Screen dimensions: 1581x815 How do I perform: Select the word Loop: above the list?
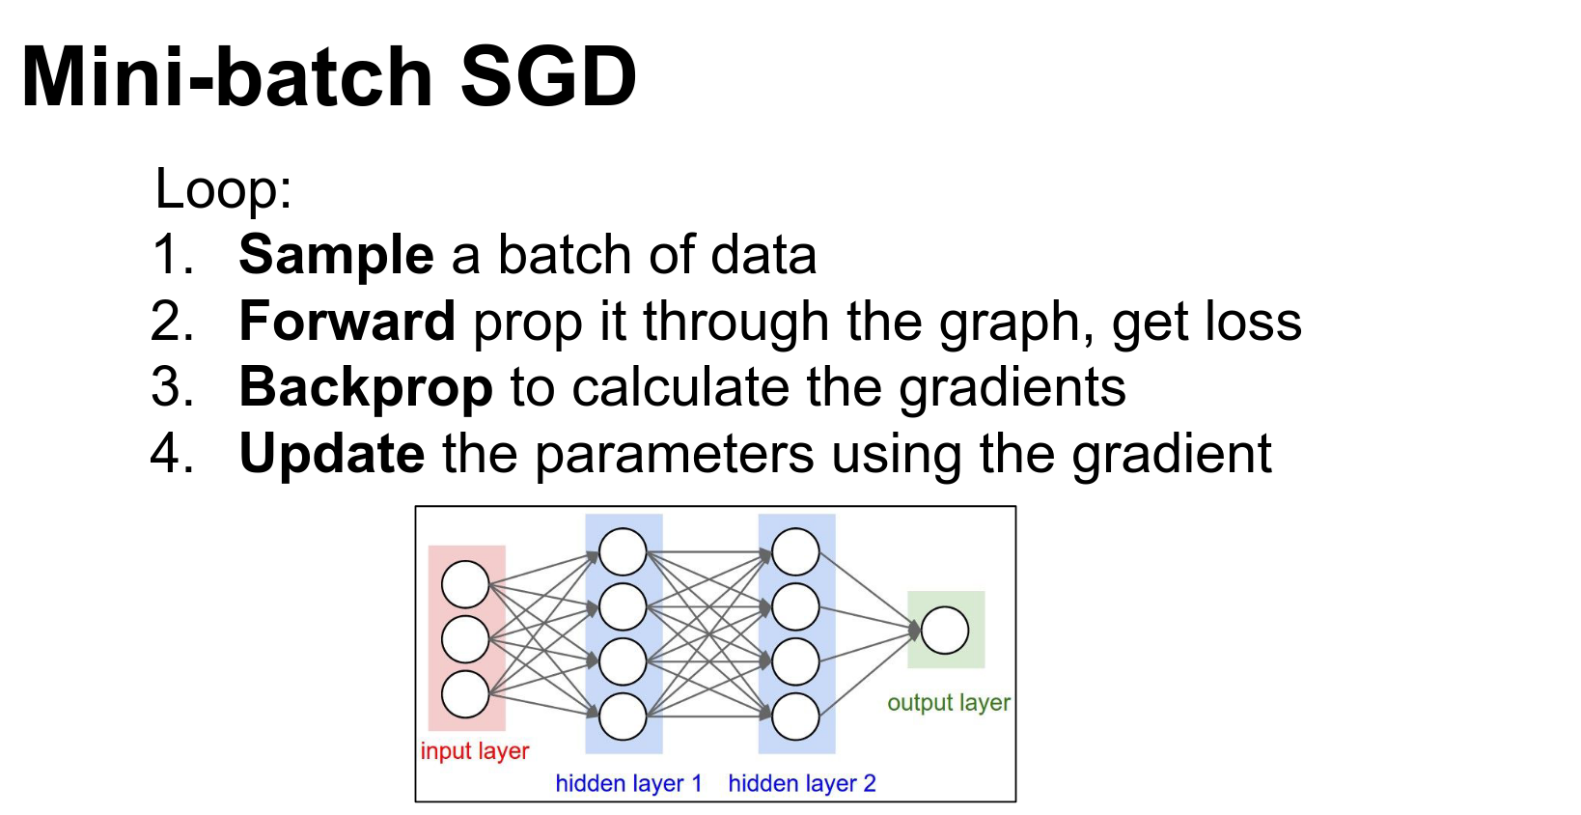coord(223,188)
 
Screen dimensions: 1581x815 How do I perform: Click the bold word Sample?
coord(336,256)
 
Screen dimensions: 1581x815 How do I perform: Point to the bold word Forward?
coord(347,322)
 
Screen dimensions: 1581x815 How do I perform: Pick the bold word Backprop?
coord(366,388)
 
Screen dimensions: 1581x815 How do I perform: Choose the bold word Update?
coord(332,454)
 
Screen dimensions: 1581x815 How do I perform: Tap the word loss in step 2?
coord(1253,322)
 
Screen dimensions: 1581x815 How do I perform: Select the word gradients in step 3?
coord(1012,388)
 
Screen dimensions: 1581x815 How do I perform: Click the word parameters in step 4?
coord(674,456)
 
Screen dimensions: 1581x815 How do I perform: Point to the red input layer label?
coord(474,751)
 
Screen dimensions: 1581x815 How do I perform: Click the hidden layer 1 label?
coord(629,783)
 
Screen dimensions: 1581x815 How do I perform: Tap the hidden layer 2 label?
coord(802,783)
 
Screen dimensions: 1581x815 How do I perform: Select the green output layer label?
coord(949,703)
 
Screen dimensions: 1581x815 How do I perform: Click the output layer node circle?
coord(945,631)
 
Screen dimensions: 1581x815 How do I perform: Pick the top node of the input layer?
coord(465,585)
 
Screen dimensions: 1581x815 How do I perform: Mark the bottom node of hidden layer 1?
coord(623,717)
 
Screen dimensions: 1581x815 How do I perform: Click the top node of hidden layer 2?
coord(795,551)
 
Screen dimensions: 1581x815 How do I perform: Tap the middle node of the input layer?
coord(465,639)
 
